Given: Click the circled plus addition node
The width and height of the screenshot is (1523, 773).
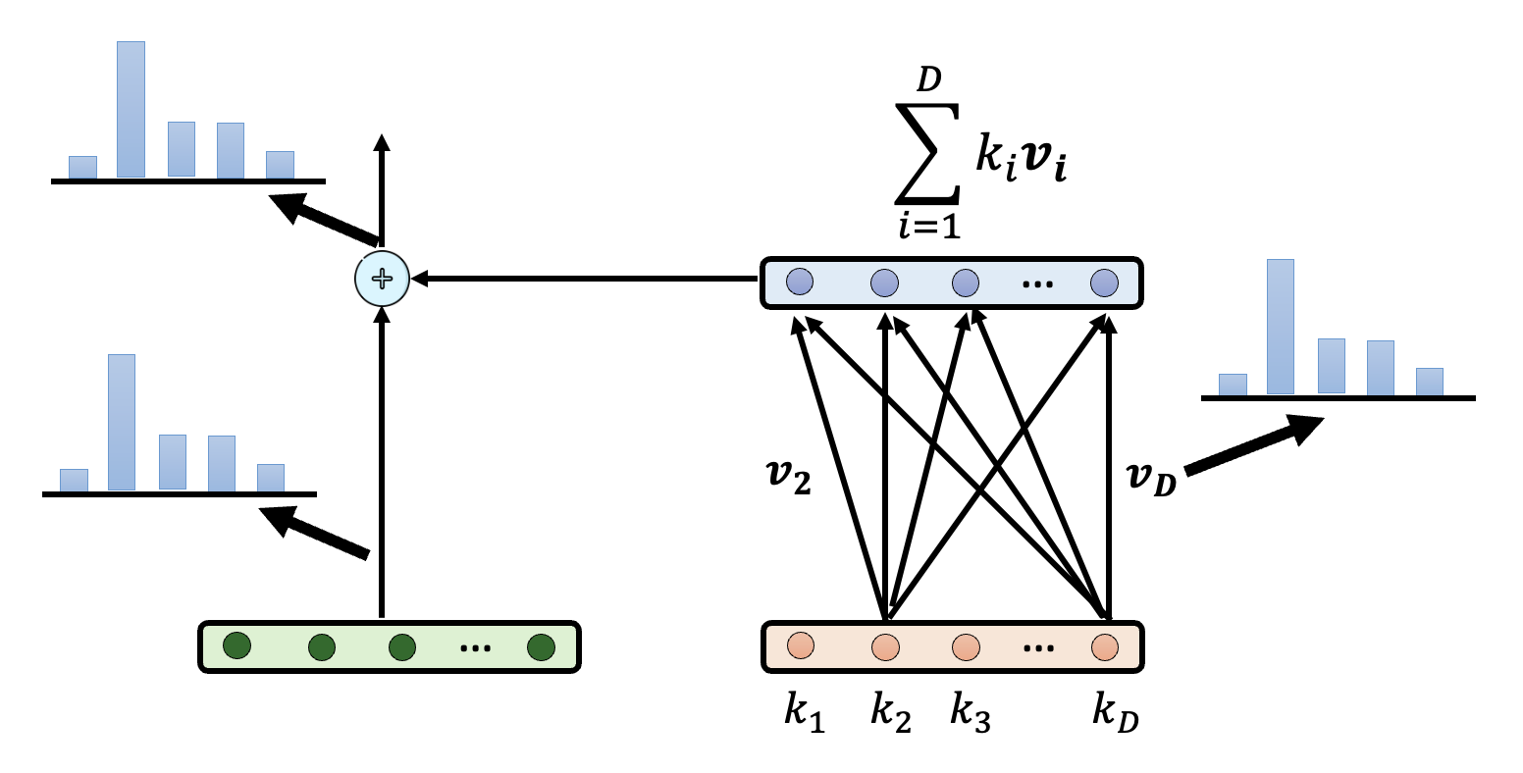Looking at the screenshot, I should point(382,280).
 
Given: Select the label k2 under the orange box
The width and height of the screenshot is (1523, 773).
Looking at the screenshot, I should point(890,712).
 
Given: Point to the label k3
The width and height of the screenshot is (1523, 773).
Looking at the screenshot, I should point(970,712).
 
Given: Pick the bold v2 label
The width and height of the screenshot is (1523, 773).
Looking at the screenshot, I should point(788,476).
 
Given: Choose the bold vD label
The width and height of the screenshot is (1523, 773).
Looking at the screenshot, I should point(1151,478).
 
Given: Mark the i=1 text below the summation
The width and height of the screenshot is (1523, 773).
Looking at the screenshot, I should point(928,227).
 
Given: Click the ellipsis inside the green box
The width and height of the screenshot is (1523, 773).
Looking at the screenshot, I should point(475,648).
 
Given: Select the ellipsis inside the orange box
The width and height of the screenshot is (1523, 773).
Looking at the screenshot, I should point(1038,648).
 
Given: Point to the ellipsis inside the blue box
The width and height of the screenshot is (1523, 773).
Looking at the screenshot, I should point(1037,284).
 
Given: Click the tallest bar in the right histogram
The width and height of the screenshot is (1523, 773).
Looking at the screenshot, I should point(1280,327).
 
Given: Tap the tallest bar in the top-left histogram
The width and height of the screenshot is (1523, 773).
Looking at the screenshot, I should point(131,109).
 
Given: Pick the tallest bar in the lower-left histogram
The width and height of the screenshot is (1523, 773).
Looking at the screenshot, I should point(122,422).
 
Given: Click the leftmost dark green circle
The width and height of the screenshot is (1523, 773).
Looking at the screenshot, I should point(236,646).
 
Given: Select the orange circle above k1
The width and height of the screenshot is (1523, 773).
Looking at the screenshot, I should point(801,646).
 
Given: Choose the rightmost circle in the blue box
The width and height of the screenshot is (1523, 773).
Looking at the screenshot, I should point(1104,283).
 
